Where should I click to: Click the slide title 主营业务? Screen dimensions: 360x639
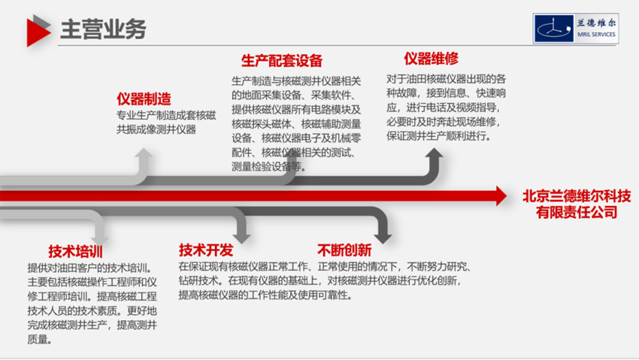click(x=103, y=29)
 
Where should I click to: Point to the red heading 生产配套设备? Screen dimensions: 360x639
click(x=282, y=61)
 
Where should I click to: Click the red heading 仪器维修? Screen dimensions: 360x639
click(x=431, y=59)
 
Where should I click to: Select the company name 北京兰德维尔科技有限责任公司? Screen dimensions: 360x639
click(x=571, y=203)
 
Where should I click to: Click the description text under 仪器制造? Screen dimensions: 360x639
click(x=166, y=123)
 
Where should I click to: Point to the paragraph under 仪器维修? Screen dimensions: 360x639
click(x=446, y=107)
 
